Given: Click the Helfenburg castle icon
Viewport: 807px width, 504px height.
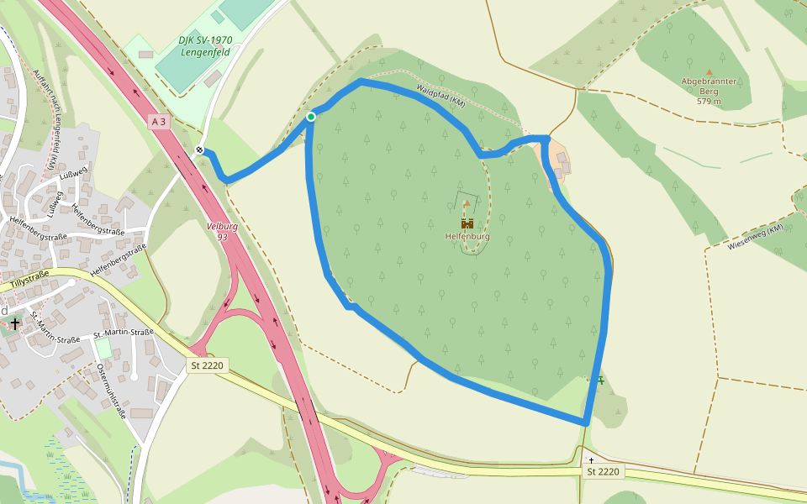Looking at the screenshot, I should coord(467,223).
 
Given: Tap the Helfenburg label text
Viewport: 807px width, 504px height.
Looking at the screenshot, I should coord(467,237).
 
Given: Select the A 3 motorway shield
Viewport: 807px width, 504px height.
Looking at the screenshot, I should coord(159,122).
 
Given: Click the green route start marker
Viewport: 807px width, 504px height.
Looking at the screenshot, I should coord(311,117).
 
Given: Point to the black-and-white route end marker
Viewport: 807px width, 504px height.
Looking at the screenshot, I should coord(200,150).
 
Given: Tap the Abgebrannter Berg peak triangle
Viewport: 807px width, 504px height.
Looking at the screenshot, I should coord(709,72).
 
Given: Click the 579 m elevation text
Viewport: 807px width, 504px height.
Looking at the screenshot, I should coord(709,101).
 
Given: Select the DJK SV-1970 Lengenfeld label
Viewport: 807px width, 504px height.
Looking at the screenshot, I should coord(206,46).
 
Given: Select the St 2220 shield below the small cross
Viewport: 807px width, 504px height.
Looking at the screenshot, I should coord(603,471).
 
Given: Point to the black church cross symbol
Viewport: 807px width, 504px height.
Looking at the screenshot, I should coord(15,323).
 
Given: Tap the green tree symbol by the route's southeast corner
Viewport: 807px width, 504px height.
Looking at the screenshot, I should coord(600,380).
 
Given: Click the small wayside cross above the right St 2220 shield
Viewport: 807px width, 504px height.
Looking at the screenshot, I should coord(591,459).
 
